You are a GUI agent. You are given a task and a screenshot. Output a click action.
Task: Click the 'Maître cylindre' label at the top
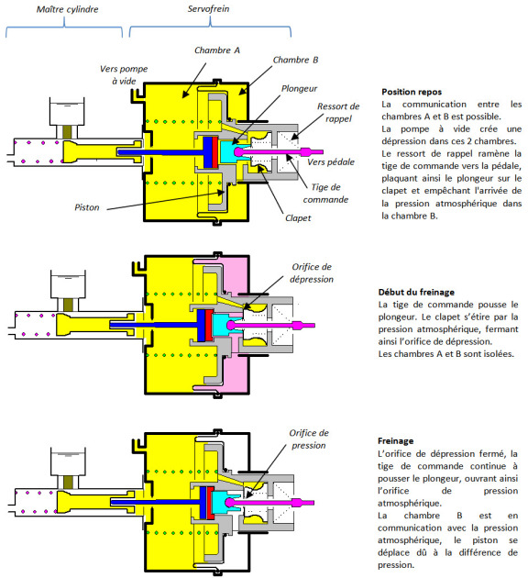68,9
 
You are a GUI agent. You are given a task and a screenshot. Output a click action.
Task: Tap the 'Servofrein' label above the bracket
208,9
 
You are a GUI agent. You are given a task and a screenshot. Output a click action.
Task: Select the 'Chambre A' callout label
217,50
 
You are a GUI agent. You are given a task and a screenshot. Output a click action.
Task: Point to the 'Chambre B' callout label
295,60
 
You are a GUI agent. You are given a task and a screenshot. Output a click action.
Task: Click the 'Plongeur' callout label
299,89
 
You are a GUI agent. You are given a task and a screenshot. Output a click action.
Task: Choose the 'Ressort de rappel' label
338,113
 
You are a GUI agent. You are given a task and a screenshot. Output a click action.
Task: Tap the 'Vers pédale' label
331,161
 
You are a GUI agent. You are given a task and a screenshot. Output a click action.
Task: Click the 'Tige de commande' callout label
325,194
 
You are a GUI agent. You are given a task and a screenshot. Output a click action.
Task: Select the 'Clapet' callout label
298,218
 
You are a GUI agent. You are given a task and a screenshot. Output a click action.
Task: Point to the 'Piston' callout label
87,207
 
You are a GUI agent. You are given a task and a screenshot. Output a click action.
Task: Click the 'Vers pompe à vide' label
124,75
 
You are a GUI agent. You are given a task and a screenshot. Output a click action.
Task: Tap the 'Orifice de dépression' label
312,272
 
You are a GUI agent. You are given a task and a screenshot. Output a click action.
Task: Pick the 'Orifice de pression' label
309,439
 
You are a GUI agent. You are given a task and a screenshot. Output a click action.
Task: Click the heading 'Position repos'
412,92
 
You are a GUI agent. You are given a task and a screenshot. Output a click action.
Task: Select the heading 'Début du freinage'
416,293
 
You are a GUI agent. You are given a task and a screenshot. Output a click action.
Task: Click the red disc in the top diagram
215,152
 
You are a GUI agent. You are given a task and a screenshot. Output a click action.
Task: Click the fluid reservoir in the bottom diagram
68,461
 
